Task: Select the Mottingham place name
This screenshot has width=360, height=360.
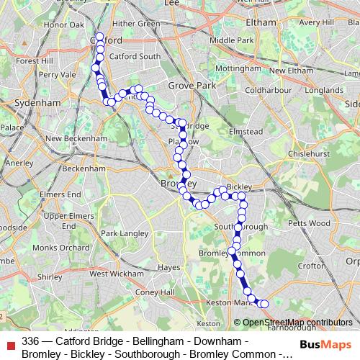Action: pos(237,68)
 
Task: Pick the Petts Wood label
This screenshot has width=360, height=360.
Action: pos(309,224)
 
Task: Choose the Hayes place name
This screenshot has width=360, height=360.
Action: pos(168,267)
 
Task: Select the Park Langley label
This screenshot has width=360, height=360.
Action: pos(123,234)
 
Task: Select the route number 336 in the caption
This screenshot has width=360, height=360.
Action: pos(30,341)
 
